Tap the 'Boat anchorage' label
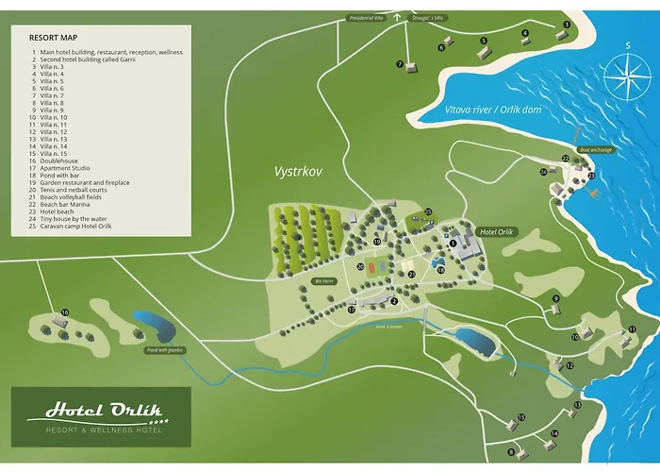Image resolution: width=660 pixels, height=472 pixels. click(596, 149)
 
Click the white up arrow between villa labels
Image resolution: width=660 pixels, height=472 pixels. click(397, 16)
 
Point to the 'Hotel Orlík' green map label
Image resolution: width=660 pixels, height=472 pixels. click(500, 231)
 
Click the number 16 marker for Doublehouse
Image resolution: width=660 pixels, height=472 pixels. click(64, 312)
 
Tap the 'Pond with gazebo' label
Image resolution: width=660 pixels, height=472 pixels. click(165, 350)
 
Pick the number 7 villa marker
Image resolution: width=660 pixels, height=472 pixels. click(400, 64)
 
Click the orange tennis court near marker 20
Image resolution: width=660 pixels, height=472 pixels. click(377, 267)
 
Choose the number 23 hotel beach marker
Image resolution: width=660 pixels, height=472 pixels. click(591, 176)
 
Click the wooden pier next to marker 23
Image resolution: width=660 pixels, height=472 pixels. click(597, 191)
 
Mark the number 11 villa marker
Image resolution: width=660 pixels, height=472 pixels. click(633, 329)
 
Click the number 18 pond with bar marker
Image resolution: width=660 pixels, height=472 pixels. click(441, 270)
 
